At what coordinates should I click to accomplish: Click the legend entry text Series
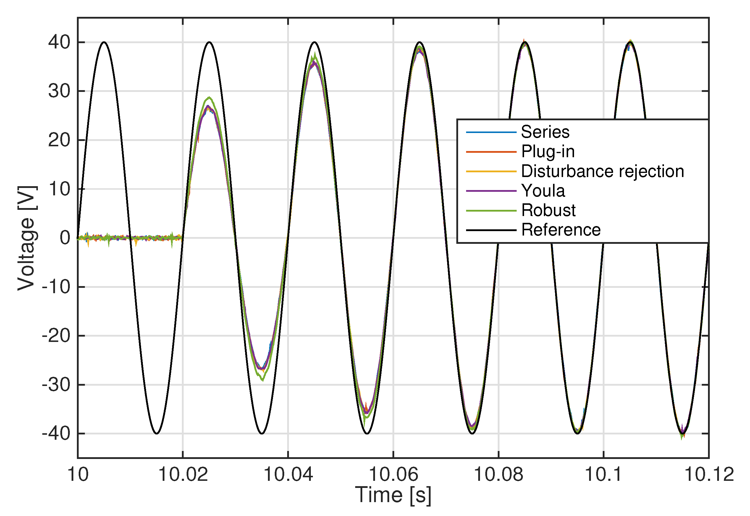coord(545,132)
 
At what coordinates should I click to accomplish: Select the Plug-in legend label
coord(548,151)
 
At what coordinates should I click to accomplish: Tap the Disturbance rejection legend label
coord(602,171)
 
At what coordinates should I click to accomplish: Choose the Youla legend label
coord(543,191)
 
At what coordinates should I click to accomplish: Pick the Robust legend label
coord(548,210)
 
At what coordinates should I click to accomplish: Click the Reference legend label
coord(561,230)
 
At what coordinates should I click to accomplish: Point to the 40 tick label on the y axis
coord(59,42)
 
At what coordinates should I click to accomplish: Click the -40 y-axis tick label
coord(56,433)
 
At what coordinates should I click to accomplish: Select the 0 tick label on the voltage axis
coord(65,238)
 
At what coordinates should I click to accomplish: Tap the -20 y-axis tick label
coord(56,336)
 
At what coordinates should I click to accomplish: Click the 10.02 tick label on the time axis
coord(183,475)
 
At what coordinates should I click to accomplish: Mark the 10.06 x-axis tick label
coord(393,475)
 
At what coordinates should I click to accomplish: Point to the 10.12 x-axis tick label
coord(709,475)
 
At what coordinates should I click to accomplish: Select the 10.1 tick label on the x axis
coord(603,475)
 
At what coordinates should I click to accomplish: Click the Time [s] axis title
coord(393,495)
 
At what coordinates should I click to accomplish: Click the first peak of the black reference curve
coord(104,42)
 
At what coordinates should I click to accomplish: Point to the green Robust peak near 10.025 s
coord(209,97)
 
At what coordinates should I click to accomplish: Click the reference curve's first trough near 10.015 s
coord(157,434)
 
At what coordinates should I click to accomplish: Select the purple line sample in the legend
coord(491,191)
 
